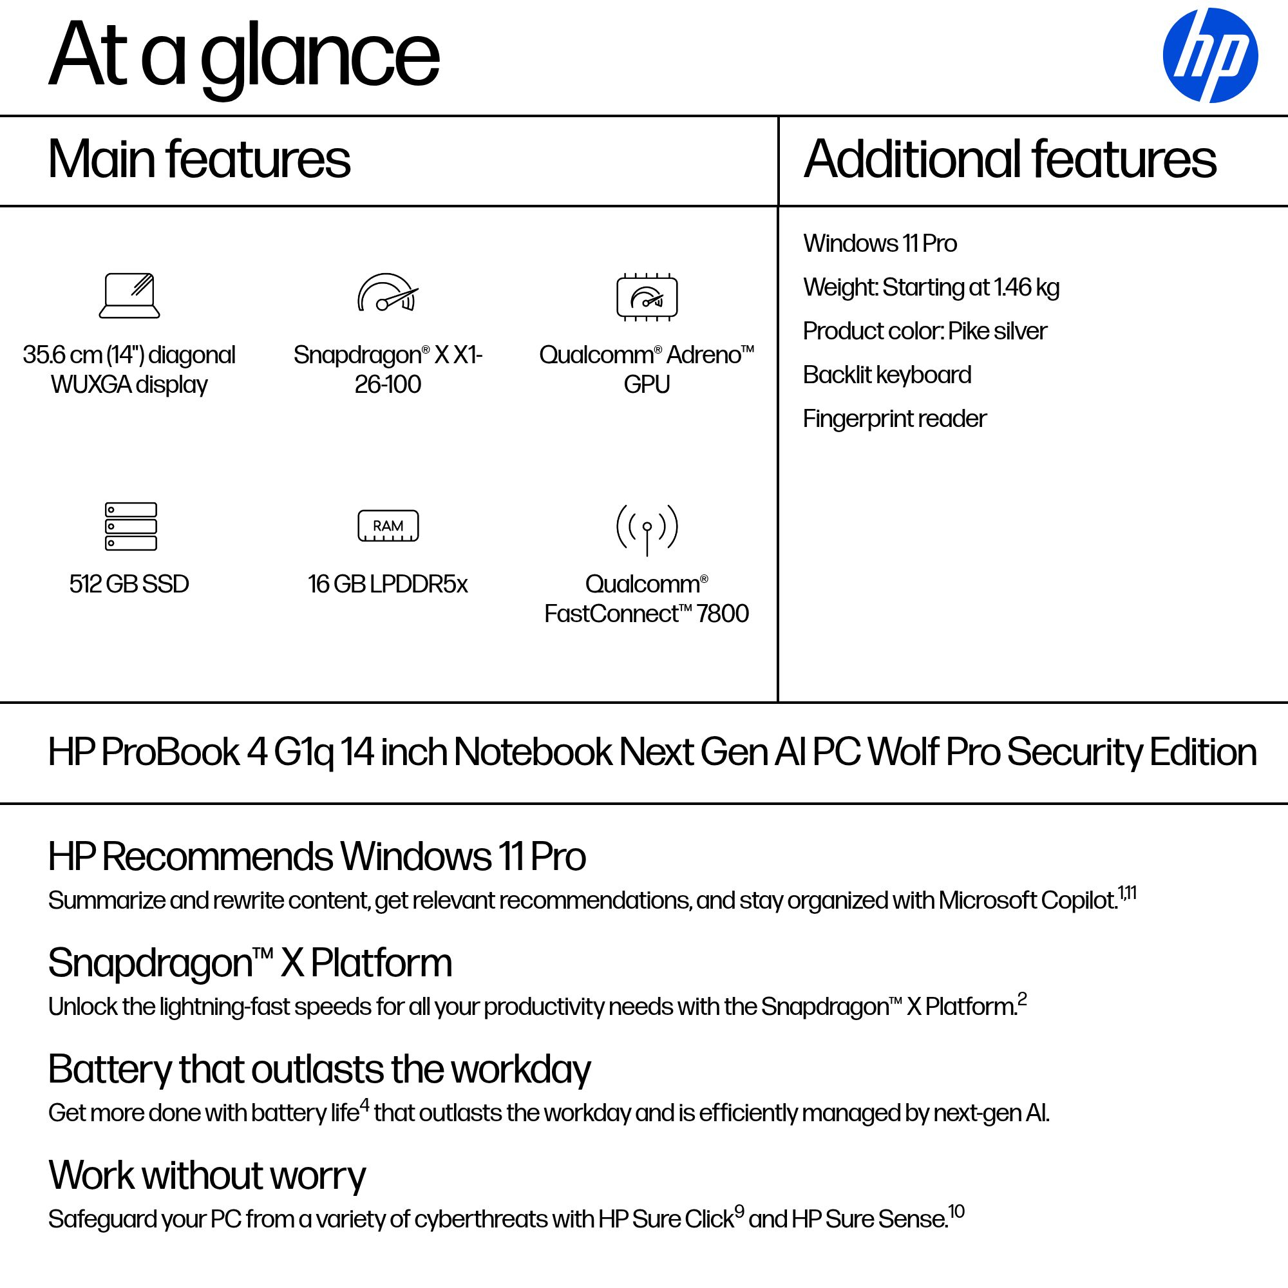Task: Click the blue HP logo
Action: (x=1210, y=55)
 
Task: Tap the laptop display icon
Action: (x=129, y=296)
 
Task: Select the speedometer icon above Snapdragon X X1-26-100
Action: (x=387, y=293)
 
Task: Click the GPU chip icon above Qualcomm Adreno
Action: (x=647, y=297)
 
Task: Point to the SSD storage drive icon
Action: (x=131, y=526)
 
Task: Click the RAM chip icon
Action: (x=388, y=526)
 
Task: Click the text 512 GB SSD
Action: (x=129, y=584)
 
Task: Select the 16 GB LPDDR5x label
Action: (x=387, y=584)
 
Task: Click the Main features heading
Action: (x=198, y=159)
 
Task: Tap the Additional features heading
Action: (x=1009, y=159)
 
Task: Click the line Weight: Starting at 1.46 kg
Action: (x=931, y=287)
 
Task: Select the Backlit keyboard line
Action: (x=887, y=375)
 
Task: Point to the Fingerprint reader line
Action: (x=894, y=419)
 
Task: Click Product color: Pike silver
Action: (x=925, y=330)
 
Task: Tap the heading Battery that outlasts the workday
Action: (x=319, y=1069)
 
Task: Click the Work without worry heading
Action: (x=207, y=1175)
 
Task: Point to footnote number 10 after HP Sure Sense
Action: (x=957, y=1211)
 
